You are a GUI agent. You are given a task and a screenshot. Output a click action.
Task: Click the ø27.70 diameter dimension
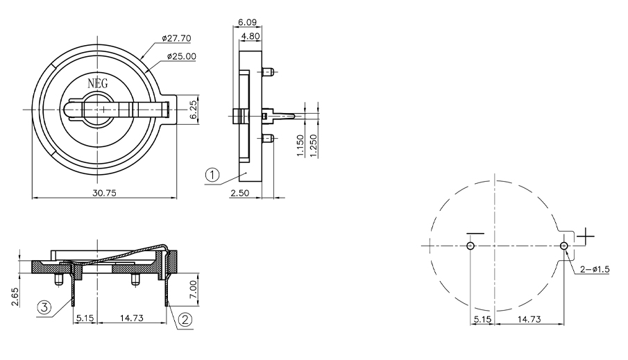coord(177,38)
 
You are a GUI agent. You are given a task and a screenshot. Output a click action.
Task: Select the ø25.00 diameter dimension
coord(181,56)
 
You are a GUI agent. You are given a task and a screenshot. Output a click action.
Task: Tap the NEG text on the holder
coord(98,83)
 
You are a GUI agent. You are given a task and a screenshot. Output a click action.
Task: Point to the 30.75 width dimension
coord(104,193)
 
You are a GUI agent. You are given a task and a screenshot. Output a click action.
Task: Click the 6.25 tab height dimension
coord(193,110)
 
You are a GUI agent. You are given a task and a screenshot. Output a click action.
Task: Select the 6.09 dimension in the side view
coord(248,22)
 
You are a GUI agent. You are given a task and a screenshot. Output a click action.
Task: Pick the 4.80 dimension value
coord(251,36)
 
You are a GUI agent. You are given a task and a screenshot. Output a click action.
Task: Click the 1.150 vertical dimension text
coord(300,146)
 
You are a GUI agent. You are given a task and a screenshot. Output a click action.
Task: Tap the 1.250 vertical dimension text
coord(313,146)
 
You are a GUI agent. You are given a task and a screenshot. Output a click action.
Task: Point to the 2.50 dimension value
coord(239,193)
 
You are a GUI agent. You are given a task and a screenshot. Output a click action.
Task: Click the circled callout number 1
coord(212,175)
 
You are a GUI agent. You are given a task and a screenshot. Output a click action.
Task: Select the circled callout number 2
coord(185,320)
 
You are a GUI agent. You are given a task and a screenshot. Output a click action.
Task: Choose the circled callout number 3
coord(44,307)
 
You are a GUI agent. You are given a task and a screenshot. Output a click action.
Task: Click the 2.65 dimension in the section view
coord(15,297)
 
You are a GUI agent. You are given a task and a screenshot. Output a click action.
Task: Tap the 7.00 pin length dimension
coord(193,289)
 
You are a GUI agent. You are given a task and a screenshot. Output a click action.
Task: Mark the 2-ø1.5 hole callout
coord(595,269)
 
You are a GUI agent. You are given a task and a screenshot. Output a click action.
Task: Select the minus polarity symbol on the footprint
coord(475,233)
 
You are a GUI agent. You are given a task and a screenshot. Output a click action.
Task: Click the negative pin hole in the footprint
coord(470,246)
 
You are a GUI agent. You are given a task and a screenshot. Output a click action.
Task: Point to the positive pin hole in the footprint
coord(564,246)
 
